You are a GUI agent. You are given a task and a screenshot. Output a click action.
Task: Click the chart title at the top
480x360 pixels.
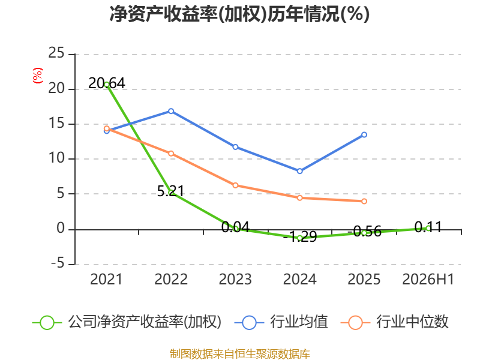click(x=239, y=14)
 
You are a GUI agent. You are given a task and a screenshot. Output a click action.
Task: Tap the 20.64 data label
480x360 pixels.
click(x=107, y=83)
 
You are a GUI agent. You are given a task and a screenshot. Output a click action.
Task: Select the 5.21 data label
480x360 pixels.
click(x=171, y=191)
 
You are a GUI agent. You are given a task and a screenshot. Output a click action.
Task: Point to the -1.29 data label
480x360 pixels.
click(x=300, y=236)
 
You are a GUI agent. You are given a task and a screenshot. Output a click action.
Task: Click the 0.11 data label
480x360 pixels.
click(x=428, y=227)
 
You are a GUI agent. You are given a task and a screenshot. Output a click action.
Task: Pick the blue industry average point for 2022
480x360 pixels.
click(x=171, y=111)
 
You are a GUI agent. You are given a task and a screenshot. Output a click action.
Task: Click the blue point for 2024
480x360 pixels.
click(x=299, y=171)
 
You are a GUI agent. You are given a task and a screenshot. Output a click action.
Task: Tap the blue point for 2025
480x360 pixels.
click(x=364, y=134)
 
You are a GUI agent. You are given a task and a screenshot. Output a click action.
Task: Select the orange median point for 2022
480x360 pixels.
click(x=171, y=154)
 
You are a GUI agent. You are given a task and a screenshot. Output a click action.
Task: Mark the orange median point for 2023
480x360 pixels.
click(x=235, y=185)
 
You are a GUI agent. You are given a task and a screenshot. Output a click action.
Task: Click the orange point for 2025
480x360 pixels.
click(x=364, y=201)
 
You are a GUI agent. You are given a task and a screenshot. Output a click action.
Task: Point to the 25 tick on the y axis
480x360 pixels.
click(x=56, y=53)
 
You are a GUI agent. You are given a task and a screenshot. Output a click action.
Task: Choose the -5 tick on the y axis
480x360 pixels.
click(x=58, y=263)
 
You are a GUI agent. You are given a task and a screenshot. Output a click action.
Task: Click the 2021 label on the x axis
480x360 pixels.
click(x=106, y=279)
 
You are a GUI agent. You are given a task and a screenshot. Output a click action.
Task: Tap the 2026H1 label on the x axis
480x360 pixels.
click(x=428, y=279)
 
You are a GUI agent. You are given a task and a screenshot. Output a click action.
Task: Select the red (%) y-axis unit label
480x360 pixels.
click(x=38, y=76)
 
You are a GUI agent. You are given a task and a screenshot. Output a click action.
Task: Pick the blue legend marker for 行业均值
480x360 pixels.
click(x=249, y=323)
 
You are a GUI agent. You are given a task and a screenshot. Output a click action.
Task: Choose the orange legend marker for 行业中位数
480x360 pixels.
click(x=355, y=323)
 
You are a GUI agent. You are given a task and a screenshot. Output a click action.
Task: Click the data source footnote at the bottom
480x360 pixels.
click(x=240, y=354)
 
